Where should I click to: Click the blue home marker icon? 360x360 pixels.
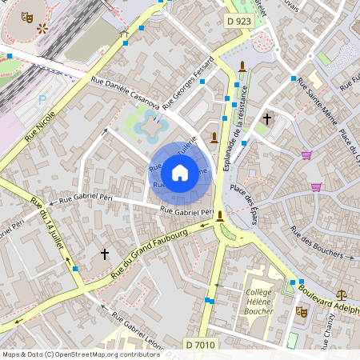click(180, 172)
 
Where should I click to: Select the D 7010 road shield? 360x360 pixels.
click(200, 344)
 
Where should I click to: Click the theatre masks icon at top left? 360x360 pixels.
click(27, 15)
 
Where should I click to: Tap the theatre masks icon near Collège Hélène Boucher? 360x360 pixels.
click(302, 311)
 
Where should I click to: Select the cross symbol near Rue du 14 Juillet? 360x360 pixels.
click(104, 254)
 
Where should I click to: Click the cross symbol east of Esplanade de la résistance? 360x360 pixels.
click(266, 119)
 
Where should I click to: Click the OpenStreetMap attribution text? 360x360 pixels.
click(80, 354)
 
